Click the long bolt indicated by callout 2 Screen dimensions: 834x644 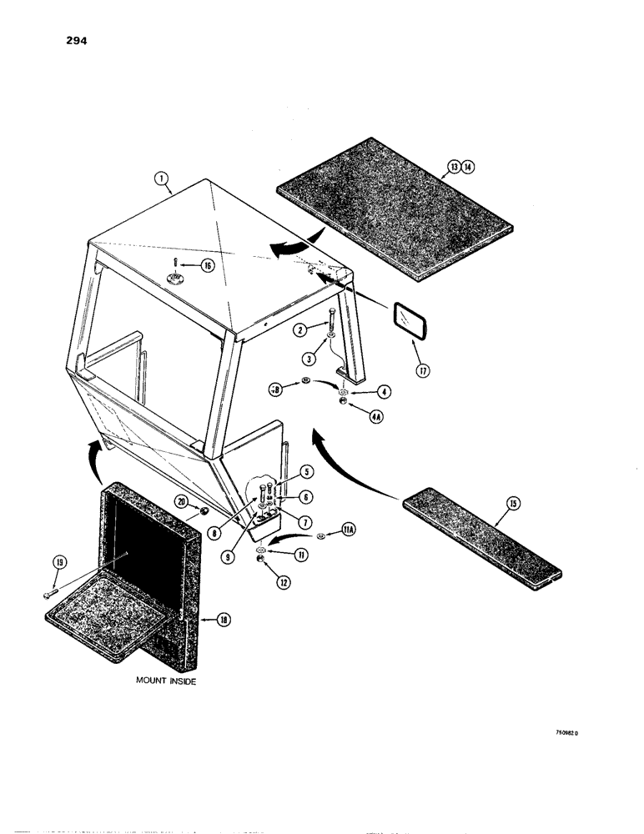pos(333,320)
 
